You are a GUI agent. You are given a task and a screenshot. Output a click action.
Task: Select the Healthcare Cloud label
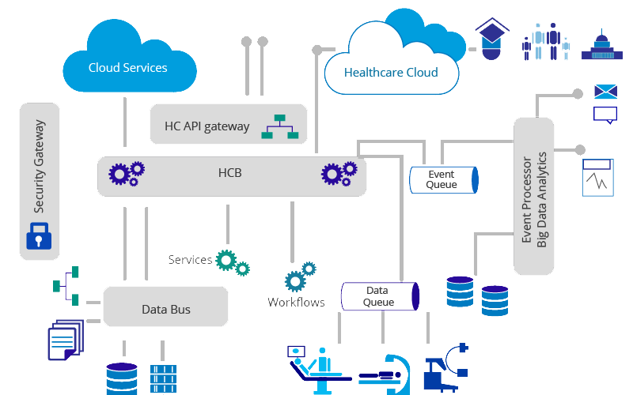pyautogui.click(x=390, y=73)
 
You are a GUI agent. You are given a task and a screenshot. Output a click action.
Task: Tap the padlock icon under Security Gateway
pyautogui.click(x=38, y=235)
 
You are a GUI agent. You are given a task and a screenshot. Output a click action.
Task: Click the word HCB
pyautogui.click(x=230, y=173)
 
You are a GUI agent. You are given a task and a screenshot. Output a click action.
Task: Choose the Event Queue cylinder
pyautogui.click(x=443, y=179)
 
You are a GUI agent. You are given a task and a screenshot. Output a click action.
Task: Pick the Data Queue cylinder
pyautogui.click(x=379, y=296)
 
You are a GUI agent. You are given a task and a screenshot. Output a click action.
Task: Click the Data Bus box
pyautogui.click(x=165, y=309)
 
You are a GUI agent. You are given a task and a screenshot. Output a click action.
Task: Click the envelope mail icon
pyautogui.click(x=605, y=92)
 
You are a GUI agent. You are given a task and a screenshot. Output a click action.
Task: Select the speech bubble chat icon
pyautogui.click(x=605, y=115)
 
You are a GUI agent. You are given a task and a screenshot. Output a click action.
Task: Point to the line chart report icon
pyautogui.click(x=598, y=177)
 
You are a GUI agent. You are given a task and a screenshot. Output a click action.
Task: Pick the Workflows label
pyautogui.click(x=296, y=303)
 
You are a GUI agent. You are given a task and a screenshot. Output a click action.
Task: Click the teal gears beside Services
pyautogui.click(x=233, y=262)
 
